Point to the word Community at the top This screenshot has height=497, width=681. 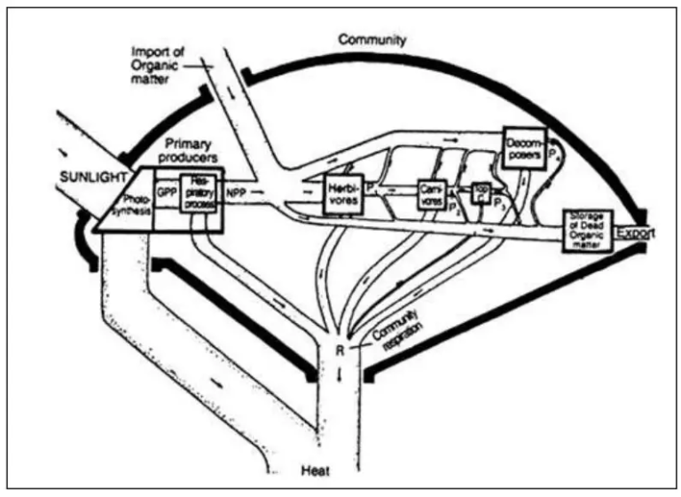click(372, 41)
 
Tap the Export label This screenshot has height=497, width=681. click(637, 233)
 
